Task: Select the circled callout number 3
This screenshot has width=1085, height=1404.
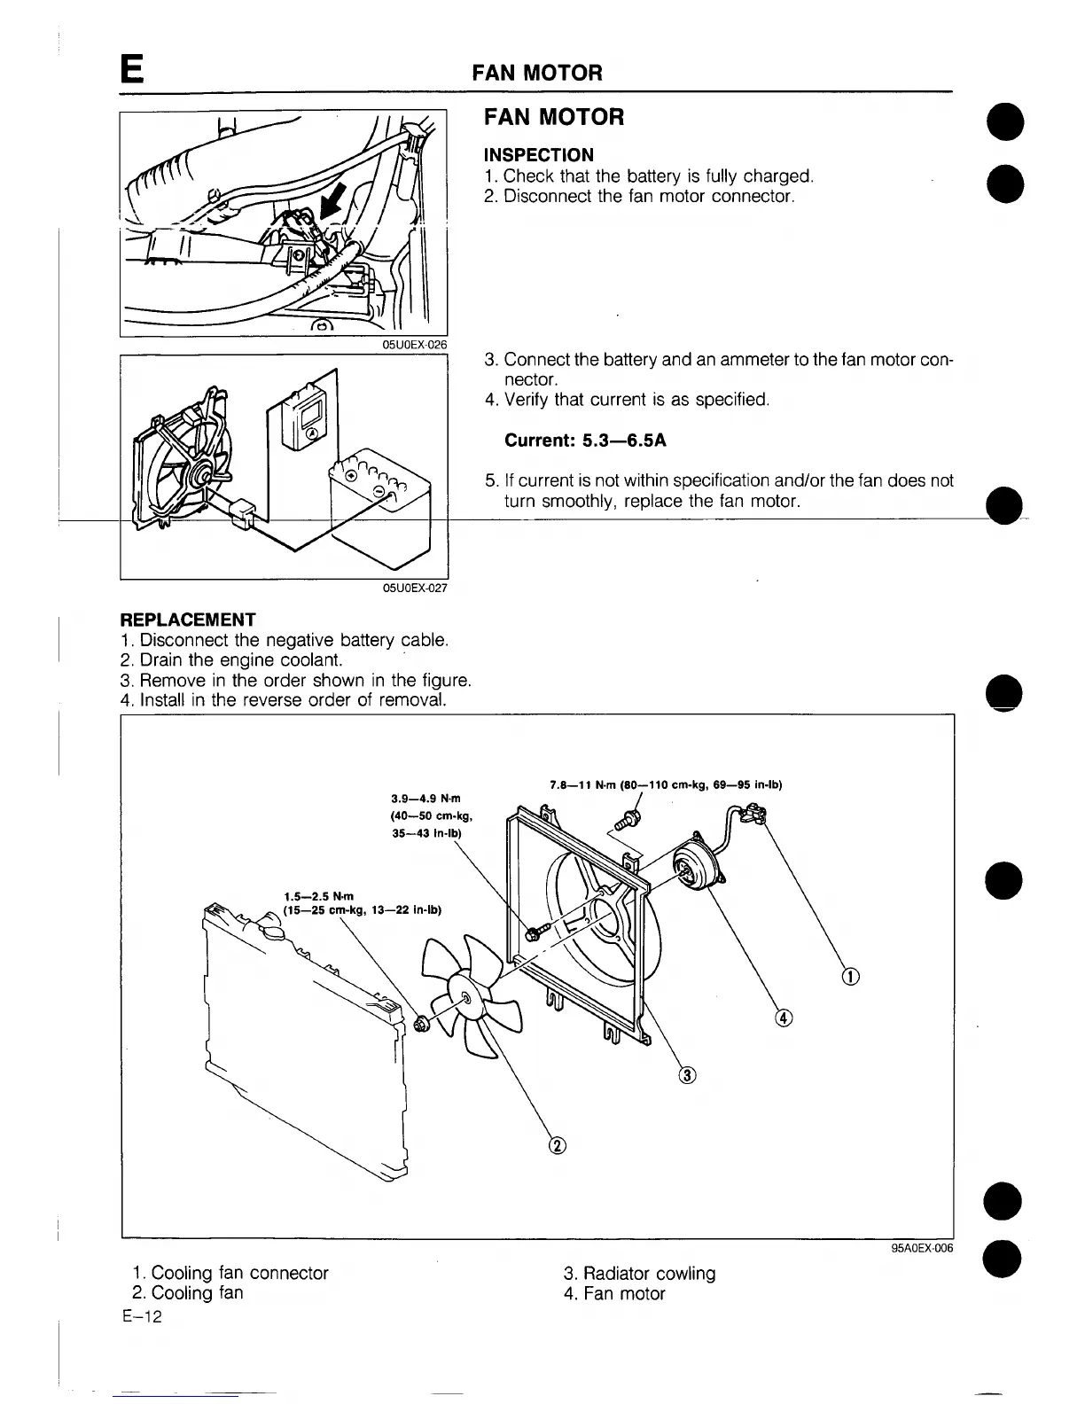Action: (x=687, y=1076)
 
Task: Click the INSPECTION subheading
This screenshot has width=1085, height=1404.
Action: (x=538, y=155)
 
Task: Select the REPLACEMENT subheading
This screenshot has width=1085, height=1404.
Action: (x=188, y=620)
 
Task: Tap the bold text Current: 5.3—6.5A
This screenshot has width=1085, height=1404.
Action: (x=585, y=441)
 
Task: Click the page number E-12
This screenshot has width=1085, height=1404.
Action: (x=143, y=1317)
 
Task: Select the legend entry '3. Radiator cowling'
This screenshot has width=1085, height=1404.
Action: (x=639, y=1274)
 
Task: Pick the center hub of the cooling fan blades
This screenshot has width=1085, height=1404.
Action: (x=465, y=998)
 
